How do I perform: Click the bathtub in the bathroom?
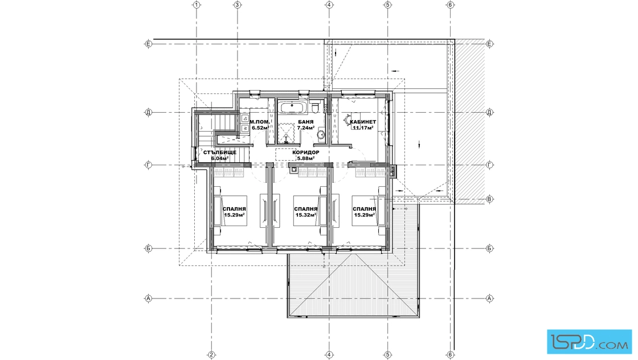(x=292, y=108)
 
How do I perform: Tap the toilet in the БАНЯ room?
(x=314, y=108)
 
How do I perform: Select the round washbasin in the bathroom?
(x=321, y=133)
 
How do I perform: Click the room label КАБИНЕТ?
(x=363, y=122)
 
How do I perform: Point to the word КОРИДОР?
(x=306, y=153)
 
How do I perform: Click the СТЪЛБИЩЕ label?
(x=220, y=153)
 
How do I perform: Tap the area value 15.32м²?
(x=306, y=215)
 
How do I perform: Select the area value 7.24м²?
(x=306, y=128)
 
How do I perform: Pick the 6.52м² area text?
(x=260, y=128)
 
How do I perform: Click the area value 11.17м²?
(x=363, y=128)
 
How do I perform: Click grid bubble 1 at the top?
(x=197, y=5)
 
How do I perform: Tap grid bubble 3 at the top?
(x=237, y=5)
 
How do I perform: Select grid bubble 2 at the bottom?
(x=211, y=355)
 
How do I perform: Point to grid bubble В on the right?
(x=489, y=199)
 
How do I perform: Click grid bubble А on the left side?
(x=149, y=298)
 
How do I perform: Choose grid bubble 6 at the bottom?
(x=450, y=355)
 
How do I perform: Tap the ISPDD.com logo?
(x=589, y=341)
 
